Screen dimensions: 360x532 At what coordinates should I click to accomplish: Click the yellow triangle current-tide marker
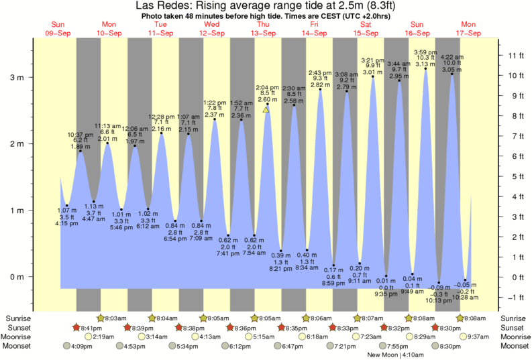tap(266, 109)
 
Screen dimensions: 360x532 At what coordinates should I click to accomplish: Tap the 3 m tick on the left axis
tap(21, 77)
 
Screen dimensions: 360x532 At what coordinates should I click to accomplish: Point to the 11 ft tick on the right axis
tap(513, 55)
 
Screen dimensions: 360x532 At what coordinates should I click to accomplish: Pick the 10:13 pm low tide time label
tap(440, 301)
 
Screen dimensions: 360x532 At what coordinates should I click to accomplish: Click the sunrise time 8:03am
tap(115, 318)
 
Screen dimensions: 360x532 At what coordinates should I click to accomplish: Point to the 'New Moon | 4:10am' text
tap(394, 355)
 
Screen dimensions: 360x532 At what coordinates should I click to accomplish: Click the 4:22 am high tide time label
tap(452, 57)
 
